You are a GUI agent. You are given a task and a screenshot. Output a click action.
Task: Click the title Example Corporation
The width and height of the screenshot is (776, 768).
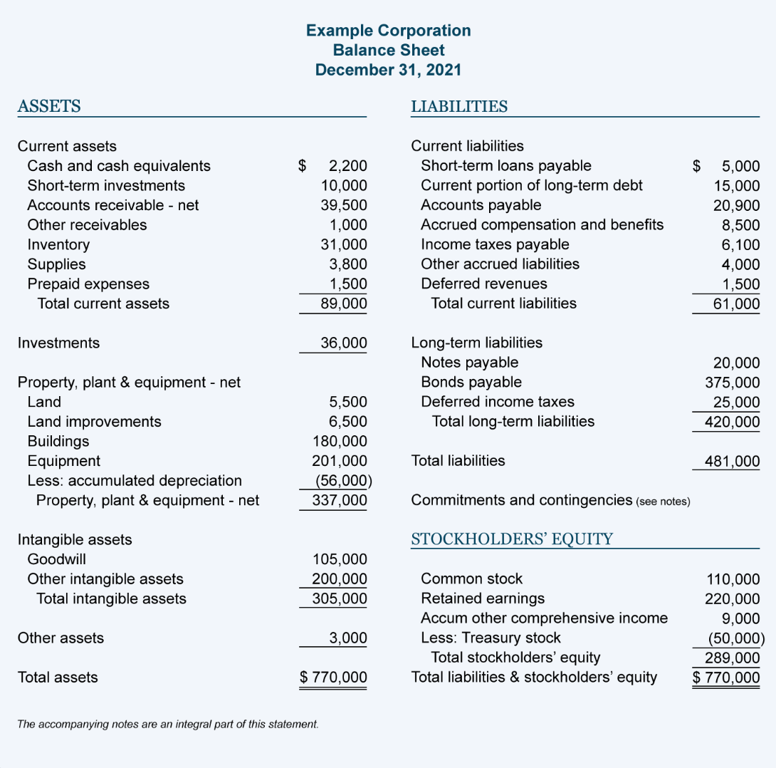tap(388, 31)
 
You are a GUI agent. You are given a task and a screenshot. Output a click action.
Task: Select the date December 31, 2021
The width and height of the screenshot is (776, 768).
tap(388, 70)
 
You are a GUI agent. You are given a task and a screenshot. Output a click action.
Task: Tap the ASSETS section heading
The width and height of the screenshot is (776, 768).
tap(49, 107)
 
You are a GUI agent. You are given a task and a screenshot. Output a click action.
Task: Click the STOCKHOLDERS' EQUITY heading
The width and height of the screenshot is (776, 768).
tap(512, 539)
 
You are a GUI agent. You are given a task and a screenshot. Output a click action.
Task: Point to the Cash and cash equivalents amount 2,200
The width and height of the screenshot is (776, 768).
tap(347, 166)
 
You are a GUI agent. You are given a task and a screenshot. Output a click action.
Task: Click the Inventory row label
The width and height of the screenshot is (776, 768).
tap(58, 244)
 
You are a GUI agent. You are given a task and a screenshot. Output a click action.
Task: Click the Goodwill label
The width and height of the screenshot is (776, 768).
tap(57, 559)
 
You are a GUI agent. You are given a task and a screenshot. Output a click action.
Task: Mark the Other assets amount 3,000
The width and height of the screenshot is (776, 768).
tap(348, 638)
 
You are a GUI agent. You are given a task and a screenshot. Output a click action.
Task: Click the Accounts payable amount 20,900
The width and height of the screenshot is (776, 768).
tap(737, 205)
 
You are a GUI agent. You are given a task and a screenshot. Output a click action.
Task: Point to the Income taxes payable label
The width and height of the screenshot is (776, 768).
tap(495, 244)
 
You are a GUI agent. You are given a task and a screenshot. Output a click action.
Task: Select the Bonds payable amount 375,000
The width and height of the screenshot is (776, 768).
tap(733, 382)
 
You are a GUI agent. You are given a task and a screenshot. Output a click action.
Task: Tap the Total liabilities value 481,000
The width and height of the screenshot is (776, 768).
tap(733, 461)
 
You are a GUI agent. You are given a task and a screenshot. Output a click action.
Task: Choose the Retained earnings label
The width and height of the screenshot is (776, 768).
tap(483, 598)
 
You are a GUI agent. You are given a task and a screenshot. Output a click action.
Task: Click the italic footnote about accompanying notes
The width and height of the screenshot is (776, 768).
tap(168, 725)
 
